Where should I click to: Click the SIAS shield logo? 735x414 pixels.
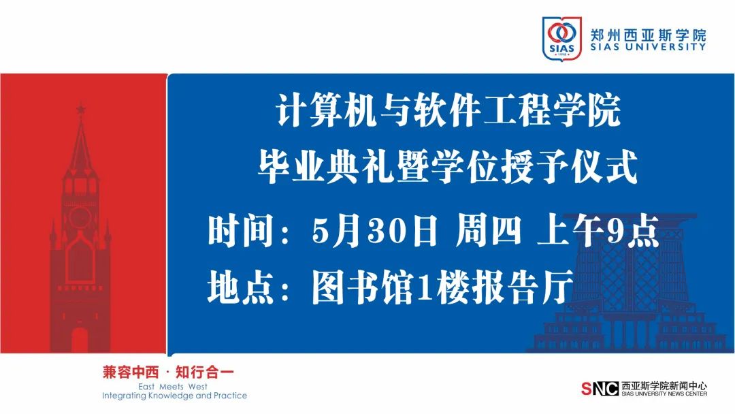pos(561,38)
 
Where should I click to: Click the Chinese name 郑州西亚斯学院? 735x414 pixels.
pos(648,35)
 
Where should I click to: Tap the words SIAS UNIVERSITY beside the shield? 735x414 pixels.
pos(648,47)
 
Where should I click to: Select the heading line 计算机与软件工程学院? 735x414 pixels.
pos(448,111)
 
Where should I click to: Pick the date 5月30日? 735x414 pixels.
pos(374,231)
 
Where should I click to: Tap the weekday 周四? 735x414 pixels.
pos(488,231)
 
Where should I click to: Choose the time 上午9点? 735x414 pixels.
pos(599,231)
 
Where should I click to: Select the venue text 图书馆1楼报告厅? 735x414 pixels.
pos(443,286)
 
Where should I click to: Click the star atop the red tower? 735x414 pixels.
pos(81,109)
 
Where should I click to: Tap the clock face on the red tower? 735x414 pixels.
pos(80,217)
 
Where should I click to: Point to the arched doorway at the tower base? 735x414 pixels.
pos(80,340)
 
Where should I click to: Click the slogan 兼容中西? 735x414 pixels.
pos(131,372)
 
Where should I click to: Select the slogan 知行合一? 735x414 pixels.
pos(204,372)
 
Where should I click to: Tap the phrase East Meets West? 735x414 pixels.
pos(172,387)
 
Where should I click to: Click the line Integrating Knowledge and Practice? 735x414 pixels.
pos(174,396)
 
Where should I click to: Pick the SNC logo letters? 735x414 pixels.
pos(600,389)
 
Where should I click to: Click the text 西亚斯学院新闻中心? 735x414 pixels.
pos(664,386)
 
